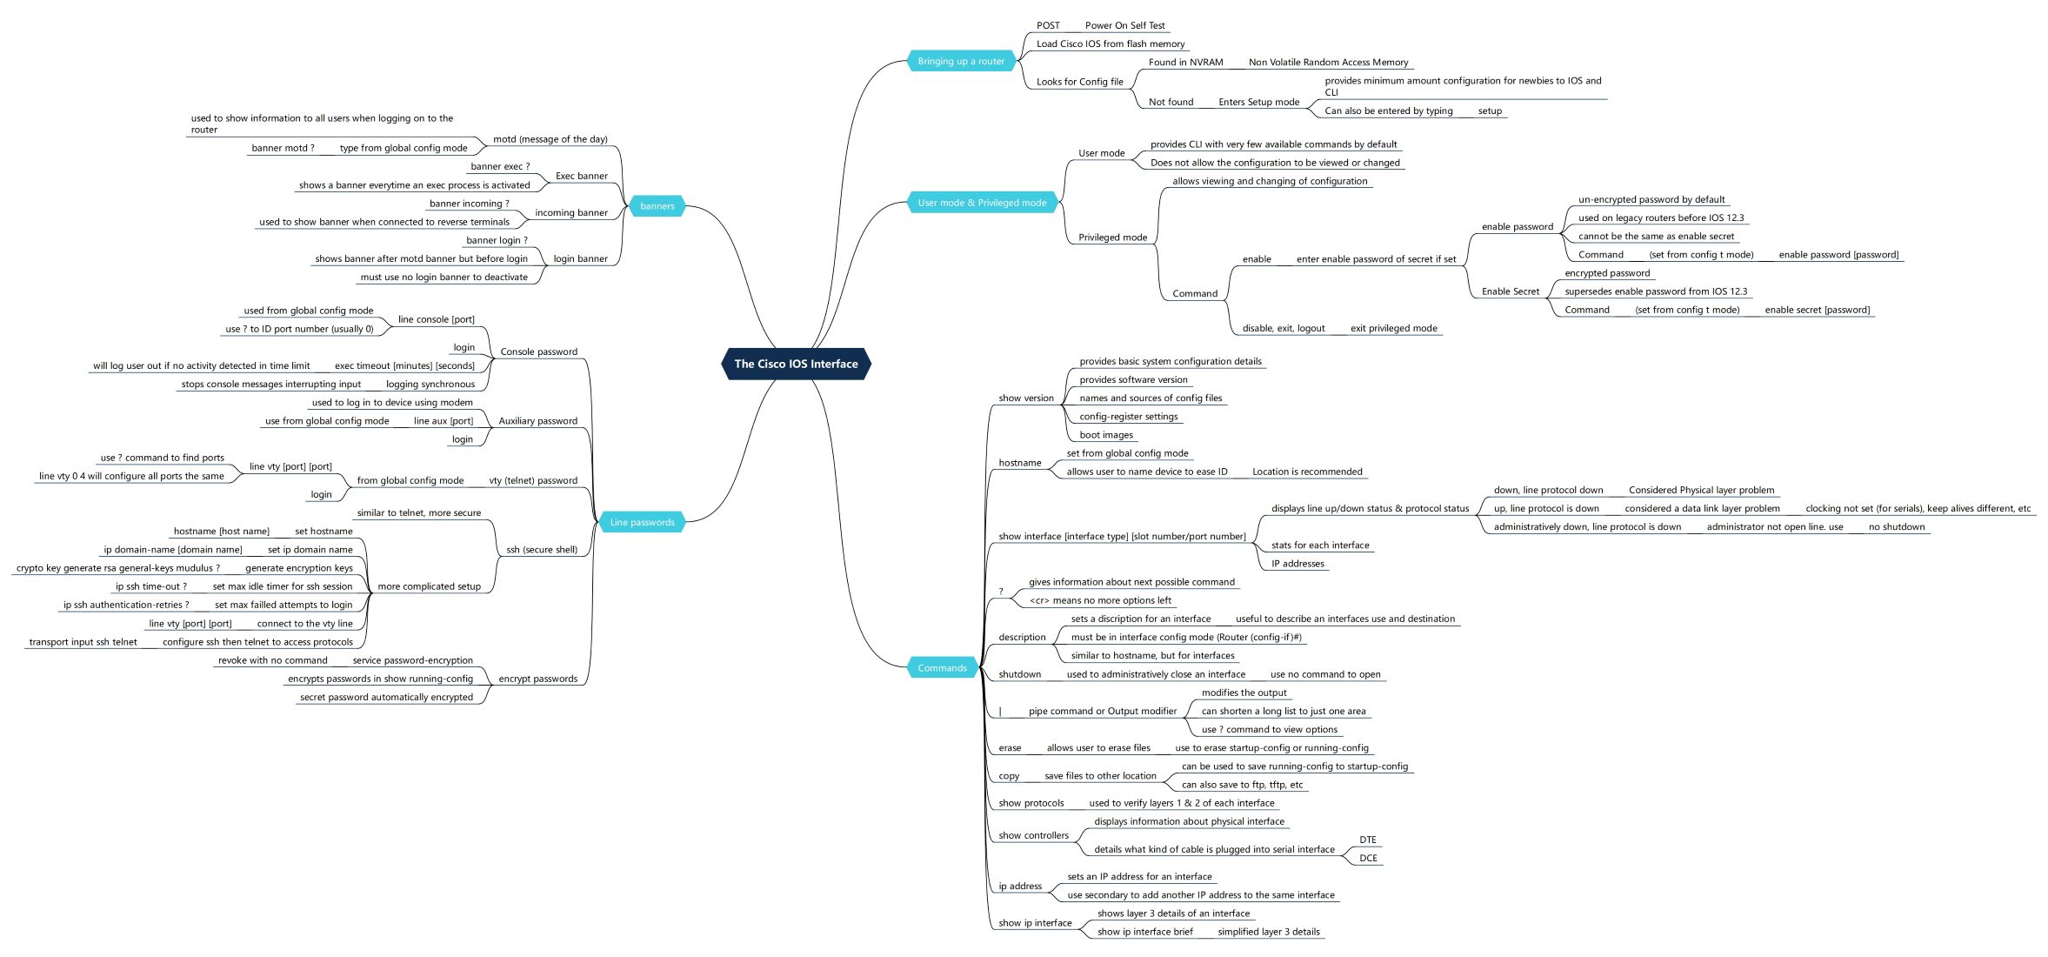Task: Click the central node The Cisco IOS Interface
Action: coord(796,364)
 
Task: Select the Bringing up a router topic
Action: coord(961,61)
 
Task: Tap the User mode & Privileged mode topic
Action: coord(982,203)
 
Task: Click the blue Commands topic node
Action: coord(942,668)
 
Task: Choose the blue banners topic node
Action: coord(657,206)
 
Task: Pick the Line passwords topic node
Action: coord(642,522)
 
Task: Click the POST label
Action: coord(1048,25)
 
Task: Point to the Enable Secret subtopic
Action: coord(1510,291)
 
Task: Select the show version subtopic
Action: coord(1025,398)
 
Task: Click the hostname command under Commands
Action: coord(1019,463)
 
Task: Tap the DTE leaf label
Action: coord(1368,840)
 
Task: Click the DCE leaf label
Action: coord(1368,858)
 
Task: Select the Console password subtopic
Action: coord(538,352)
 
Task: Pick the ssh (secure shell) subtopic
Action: coord(541,550)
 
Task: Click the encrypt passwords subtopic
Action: coord(537,679)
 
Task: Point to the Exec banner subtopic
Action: coord(581,176)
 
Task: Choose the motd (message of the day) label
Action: coord(550,139)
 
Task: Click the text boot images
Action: coord(1106,435)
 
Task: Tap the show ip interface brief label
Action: coord(1144,932)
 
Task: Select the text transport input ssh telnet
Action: coord(83,642)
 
